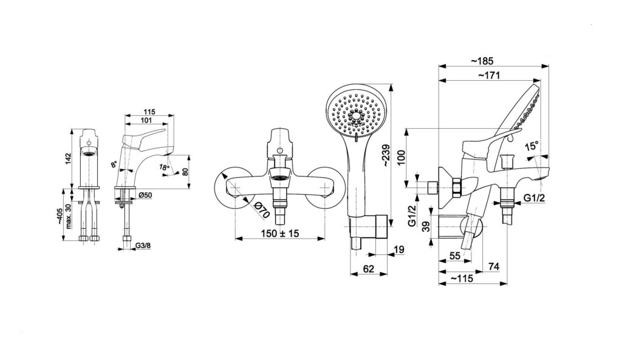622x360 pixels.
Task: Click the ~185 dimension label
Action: [482, 61]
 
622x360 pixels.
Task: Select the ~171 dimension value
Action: [489, 75]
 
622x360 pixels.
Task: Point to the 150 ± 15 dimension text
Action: [280, 234]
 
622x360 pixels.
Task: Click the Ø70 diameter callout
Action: [261, 209]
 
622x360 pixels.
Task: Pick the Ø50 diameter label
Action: [146, 195]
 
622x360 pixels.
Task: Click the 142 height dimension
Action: [68, 158]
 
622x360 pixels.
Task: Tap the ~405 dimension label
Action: [59, 217]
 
